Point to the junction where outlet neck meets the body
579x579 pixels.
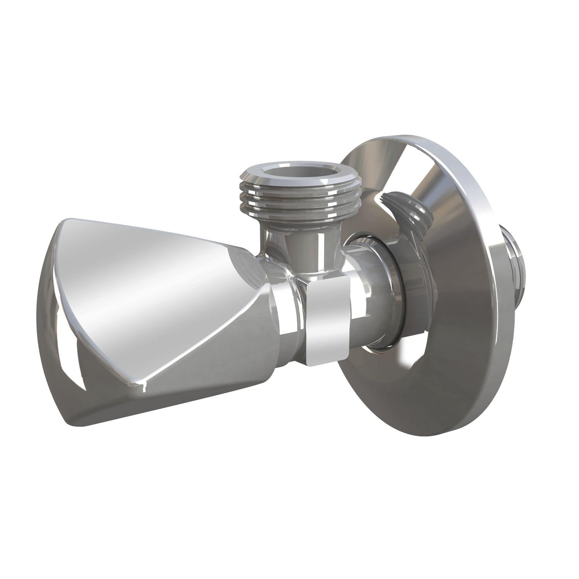tap(305, 270)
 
